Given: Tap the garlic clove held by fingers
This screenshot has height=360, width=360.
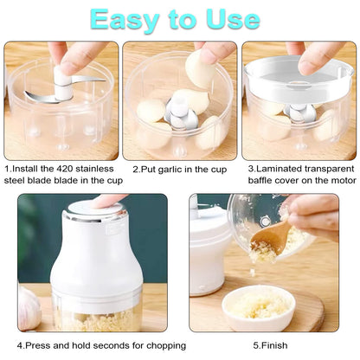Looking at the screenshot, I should tap(202, 69).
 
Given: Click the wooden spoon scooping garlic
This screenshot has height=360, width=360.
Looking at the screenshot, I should tap(275, 237).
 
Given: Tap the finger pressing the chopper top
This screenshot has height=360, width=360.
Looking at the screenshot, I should tap(108, 201).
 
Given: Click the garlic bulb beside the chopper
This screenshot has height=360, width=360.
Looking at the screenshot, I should tap(29, 307).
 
